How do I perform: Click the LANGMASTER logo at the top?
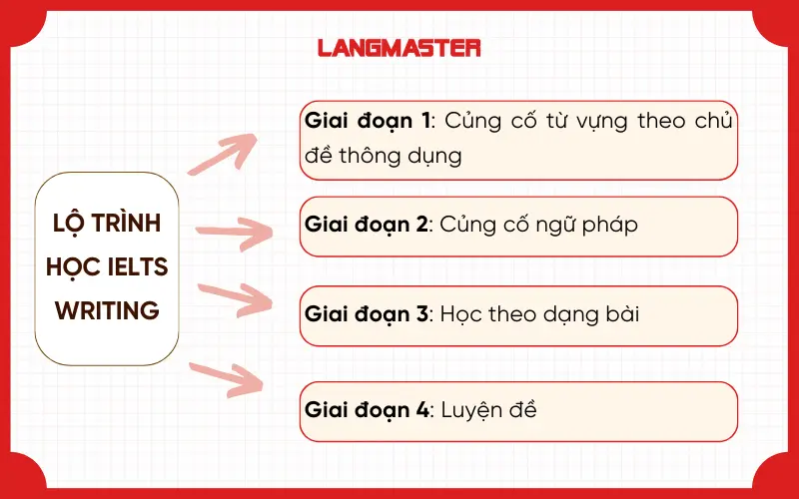(399, 47)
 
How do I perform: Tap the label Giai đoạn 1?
(368, 122)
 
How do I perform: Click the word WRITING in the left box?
(108, 310)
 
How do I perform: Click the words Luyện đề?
(486, 409)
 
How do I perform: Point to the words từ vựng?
(586, 122)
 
